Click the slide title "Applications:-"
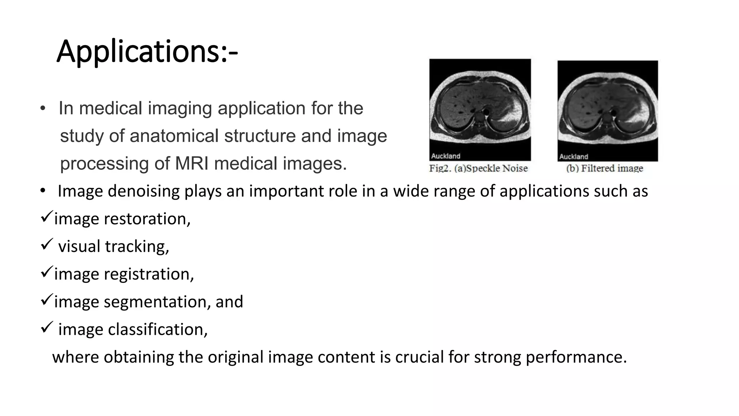point(147,52)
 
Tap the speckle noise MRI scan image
point(480,109)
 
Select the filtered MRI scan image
point(608,110)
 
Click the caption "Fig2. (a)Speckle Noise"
point(478,168)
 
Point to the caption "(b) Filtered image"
point(605,168)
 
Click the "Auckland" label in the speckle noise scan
point(446,156)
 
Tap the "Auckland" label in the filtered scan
point(574,156)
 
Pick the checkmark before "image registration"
point(47,272)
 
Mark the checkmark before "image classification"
point(47,327)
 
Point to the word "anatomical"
point(174,136)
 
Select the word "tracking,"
point(137,247)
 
